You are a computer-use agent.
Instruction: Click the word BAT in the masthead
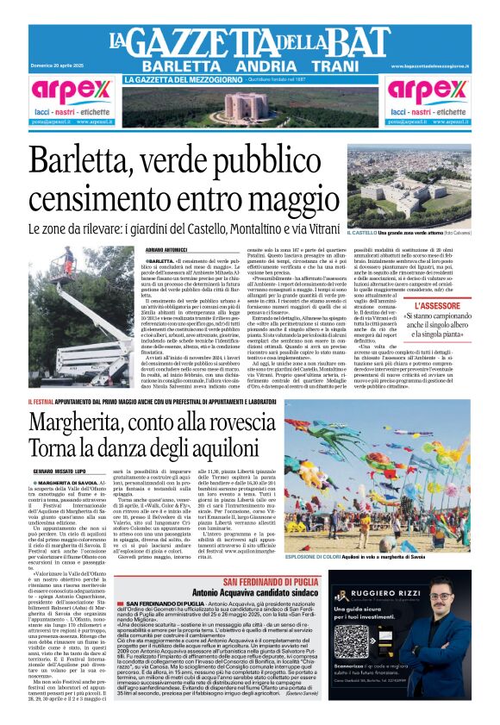359,42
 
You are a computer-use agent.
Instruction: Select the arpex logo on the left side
71,92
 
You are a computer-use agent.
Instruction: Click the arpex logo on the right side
428,92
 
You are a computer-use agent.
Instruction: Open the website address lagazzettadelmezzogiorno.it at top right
432,66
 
